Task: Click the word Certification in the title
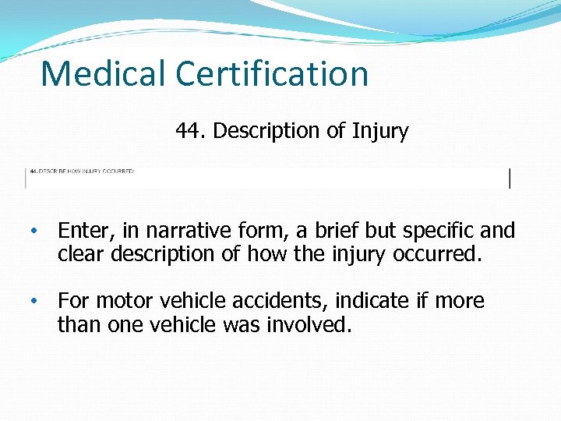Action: (x=272, y=74)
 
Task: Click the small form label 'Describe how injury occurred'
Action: (x=82, y=171)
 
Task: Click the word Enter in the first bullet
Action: (x=83, y=231)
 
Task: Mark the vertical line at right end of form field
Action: (x=510, y=178)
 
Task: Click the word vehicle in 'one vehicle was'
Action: (x=189, y=324)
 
